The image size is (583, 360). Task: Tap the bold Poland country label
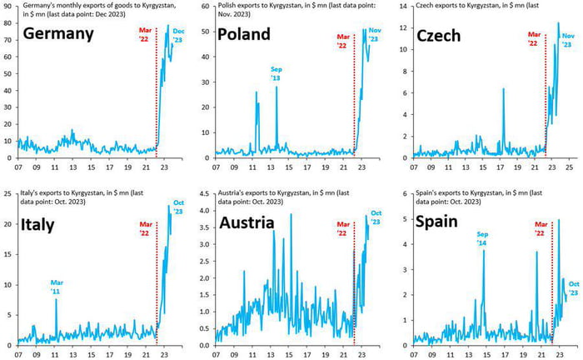click(244, 34)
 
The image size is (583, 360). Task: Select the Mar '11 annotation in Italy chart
click(56, 286)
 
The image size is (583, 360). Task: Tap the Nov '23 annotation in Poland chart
click(373, 35)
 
